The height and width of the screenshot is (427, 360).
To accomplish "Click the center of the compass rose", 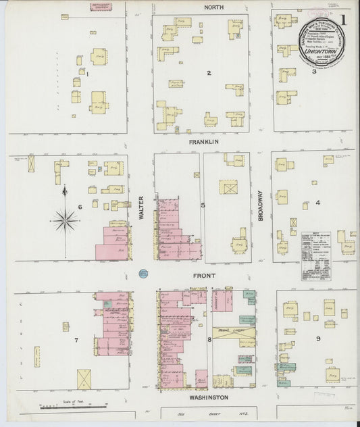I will point(65,218).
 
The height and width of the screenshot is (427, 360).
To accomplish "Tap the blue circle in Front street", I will point(143,274).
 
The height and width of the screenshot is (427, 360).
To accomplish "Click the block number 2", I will point(209,72).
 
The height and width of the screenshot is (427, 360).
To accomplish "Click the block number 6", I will point(80,207).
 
